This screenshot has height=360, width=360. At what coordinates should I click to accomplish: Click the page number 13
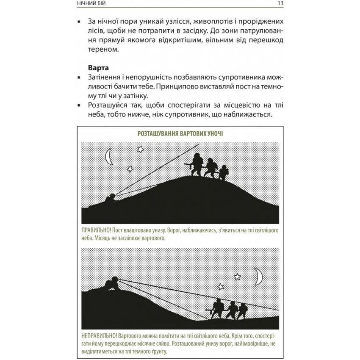pyautogui.click(x=280, y=4)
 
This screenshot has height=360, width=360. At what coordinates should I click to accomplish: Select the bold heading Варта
pyautogui.click(x=99, y=67)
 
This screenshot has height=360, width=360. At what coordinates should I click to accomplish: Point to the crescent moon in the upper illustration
pyautogui.click(x=109, y=156)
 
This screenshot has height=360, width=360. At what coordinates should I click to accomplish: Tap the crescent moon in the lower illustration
pyautogui.click(x=258, y=277)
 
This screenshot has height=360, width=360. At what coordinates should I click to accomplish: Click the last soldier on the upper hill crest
pyautogui.click(x=223, y=171)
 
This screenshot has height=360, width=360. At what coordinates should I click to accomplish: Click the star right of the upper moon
pyautogui.click(x=140, y=149)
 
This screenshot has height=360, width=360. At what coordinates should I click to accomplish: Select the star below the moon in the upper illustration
pyautogui.click(x=130, y=169)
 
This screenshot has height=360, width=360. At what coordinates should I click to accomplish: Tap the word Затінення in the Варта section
pyautogui.click(x=106, y=78)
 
